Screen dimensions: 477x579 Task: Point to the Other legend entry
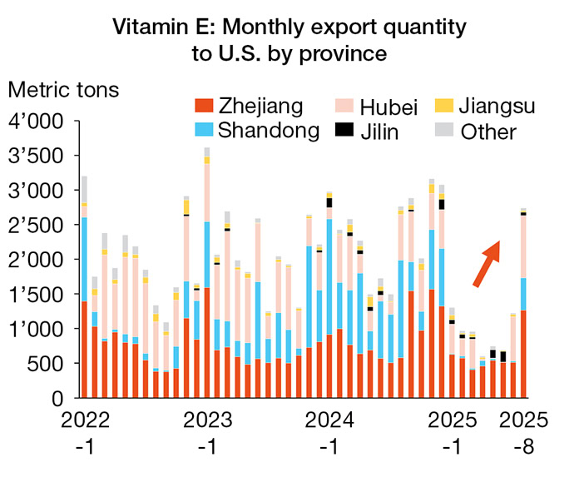(488, 131)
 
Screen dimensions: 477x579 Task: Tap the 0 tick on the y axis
(57, 398)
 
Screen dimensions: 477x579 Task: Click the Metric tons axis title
(65, 89)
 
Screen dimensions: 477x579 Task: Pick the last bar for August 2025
(523, 303)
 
